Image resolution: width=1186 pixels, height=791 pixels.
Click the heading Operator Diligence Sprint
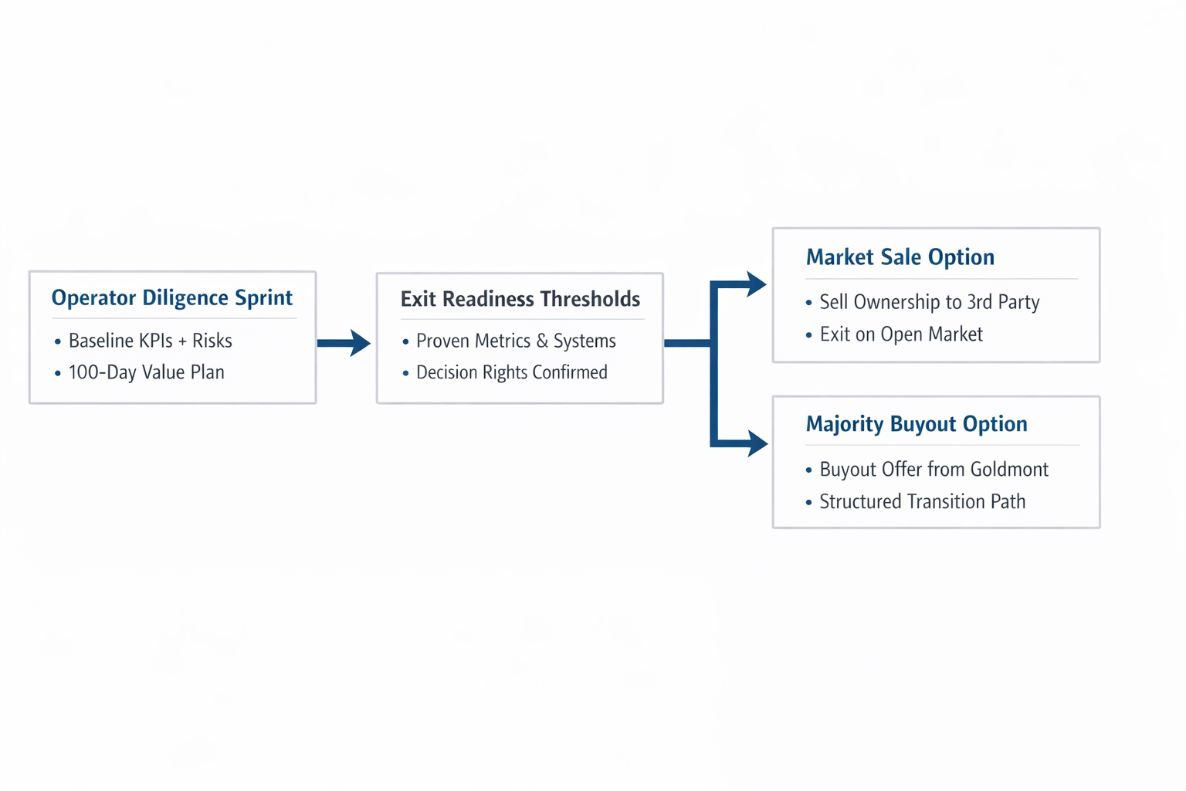(x=171, y=298)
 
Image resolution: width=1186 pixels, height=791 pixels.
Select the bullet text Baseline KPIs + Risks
(x=150, y=341)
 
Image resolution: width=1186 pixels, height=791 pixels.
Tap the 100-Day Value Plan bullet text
(x=146, y=372)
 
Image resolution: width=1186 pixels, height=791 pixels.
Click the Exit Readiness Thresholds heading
(x=520, y=299)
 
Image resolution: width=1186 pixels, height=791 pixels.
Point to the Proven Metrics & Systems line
(x=516, y=341)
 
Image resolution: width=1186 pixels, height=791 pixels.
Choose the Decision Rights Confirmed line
(x=511, y=372)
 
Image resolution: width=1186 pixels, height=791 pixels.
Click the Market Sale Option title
(x=900, y=257)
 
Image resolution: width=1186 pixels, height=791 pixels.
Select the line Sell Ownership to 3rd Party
(x=929, y=302)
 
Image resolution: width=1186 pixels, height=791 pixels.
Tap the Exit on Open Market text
(x=900, y=334)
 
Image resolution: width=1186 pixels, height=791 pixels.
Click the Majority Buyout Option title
(x=916, y=424)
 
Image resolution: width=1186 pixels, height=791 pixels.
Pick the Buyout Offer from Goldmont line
(x=934, y=470)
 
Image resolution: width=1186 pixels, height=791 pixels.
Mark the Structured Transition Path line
(x=922, y=502)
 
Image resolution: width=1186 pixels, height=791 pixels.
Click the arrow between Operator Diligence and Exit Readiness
(x=344, y=343)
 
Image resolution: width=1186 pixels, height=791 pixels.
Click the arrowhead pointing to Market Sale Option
(x=754, y=284)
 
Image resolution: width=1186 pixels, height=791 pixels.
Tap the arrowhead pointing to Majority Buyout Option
(x=756, y=443)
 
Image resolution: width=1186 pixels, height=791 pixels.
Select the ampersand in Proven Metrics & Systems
(x=542, y=341)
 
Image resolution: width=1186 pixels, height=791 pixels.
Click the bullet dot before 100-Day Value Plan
(x=58, y=373)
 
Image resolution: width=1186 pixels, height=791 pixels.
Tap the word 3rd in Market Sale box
(x=979, y=302)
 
